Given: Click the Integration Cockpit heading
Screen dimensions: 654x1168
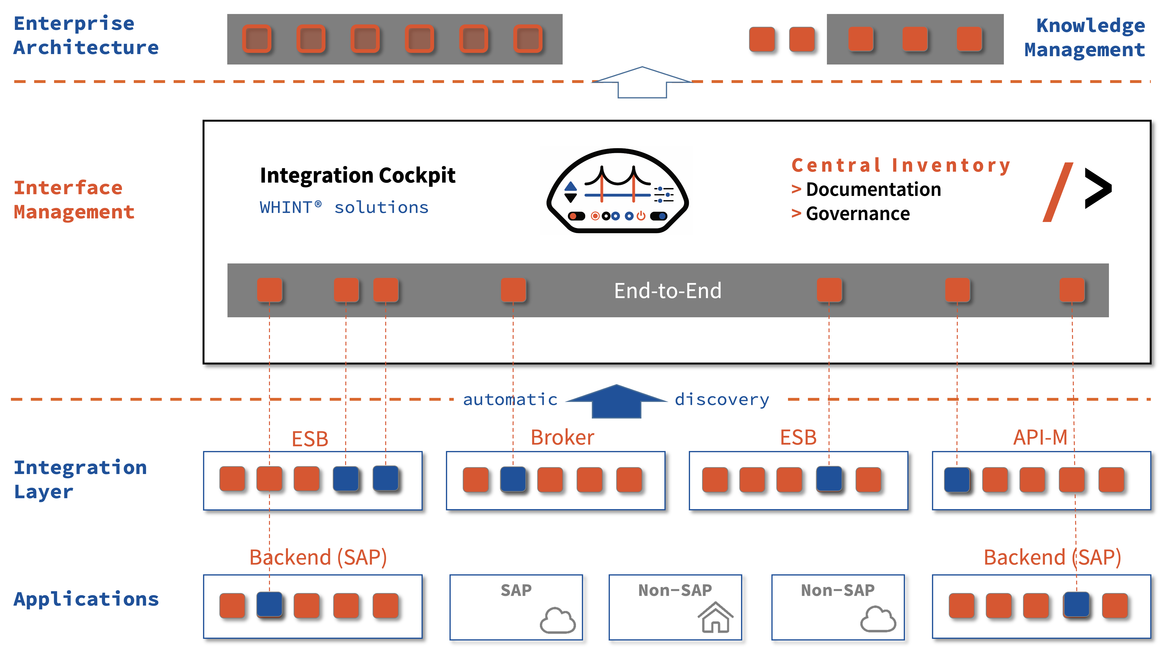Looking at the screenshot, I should click(357, 175).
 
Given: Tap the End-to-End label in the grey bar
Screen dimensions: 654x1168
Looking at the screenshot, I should click(667, 290).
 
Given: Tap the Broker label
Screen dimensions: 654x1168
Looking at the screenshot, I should click(562, 437).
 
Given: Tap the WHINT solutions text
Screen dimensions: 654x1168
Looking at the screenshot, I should click(344, 207).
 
